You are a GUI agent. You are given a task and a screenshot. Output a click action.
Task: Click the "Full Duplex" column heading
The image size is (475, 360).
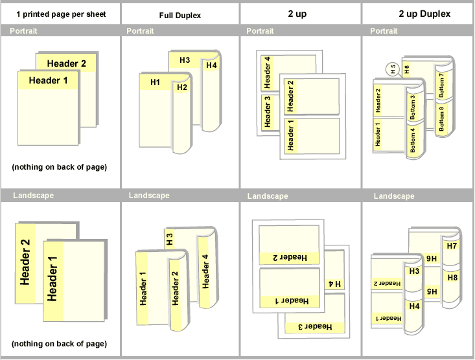[x=179, y=15]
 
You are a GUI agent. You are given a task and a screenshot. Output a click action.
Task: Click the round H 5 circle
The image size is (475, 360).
[x=390, y=69]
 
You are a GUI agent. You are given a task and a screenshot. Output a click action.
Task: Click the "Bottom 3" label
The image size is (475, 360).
[x=412, y=106]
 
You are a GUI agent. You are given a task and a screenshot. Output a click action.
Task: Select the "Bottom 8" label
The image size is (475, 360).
[x=442, y=118]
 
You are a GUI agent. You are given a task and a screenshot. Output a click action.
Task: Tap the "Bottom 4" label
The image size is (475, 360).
[x=412, y=140]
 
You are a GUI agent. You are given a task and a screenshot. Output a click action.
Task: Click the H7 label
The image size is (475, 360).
[x=452, y=246]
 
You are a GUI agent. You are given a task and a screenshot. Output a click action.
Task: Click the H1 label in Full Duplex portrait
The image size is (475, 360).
[x=155, y=82]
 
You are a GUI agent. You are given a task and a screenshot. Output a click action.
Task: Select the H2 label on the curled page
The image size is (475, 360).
[x=182, y=87]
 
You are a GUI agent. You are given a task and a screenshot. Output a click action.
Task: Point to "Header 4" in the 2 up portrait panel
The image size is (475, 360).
[x=267, y=73]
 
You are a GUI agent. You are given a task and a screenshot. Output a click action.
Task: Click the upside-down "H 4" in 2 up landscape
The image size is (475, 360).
[x=335, y=284]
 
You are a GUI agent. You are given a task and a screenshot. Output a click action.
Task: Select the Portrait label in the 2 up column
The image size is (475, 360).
[x=260, y=31]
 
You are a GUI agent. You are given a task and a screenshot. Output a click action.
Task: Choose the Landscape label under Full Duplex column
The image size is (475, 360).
[x=149, y=195]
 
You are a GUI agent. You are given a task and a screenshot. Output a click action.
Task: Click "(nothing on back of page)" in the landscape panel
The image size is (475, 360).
[x=60, y=344]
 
